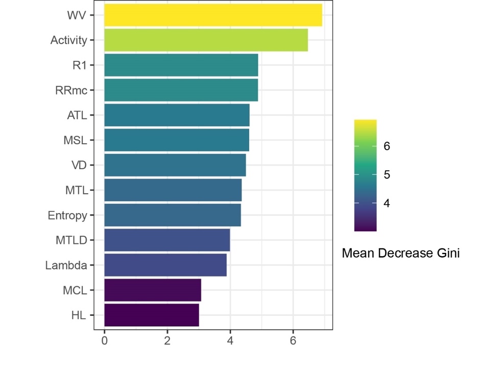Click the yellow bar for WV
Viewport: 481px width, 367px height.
tap(213, 15)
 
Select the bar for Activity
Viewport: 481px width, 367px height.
tap(206, 40)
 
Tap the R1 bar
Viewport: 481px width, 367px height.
tap(181, 65)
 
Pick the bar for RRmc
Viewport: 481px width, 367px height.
tap(181, 90)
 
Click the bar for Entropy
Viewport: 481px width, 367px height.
tap(172, 215)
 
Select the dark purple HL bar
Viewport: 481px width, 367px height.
tap(151, 315)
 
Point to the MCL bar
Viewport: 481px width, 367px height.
tap(152, 290)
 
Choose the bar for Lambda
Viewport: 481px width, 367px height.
tap(165, 265)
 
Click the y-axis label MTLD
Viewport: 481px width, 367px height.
tap(71, 240)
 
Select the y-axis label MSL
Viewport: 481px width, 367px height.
tap(76, 140)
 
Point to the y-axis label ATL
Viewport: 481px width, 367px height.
tap(77, 115)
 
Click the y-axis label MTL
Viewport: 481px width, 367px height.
tap(76, 190)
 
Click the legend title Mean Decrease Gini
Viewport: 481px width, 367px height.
tap(400, 253)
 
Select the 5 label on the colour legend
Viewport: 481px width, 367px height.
tap(387, 175)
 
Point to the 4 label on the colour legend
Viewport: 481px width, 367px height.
tap(387, 203)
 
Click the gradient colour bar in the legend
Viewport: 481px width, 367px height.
tap(365, 175)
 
